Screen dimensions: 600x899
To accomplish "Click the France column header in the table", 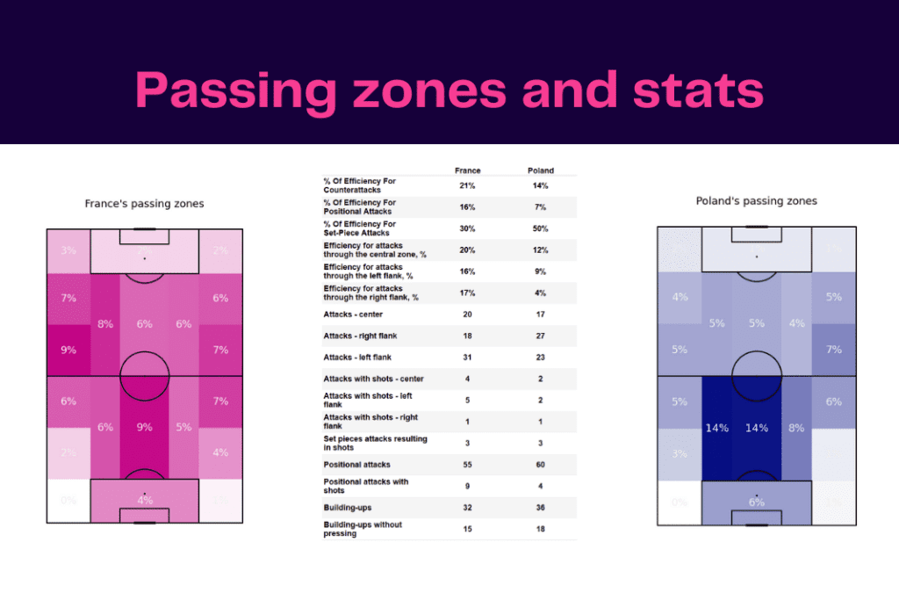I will pyautogui.click(x=467, y=170).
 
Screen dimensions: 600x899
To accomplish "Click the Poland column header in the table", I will pyautogui.click(x=541, y=170).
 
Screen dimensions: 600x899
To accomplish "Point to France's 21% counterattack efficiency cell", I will pyautogui.click(x=467, y=186).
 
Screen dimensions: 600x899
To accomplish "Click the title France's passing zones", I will pyautogui.click(x=144, y=204).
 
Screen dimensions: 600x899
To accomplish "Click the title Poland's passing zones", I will pyautogui.click(x=756, y=201).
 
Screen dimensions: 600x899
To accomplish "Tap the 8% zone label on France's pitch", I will pyautogui.click(x=105, y=323).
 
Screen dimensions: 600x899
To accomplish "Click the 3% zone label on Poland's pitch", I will pyautogui.click(x=680, y=453).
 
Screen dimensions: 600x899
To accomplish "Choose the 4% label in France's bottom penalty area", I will pyautogui.click(x=144, y=501).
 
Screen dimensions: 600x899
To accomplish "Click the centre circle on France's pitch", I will pyautogui.click(x=144, y=375).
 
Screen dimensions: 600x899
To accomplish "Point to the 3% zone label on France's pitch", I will pyautogui.click(x=68, y=250).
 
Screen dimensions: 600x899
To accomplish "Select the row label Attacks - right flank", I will pyautogui.click(x=358, y=336).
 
